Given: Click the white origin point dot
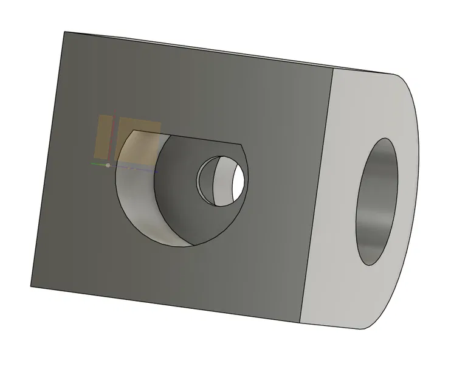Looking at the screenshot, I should pos(108,165).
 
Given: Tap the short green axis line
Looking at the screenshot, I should pos(97,164).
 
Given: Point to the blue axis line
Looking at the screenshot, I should pos(137,168).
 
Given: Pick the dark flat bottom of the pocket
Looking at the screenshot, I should pos(182,207).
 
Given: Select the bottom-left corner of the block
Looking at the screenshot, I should pos(31,286).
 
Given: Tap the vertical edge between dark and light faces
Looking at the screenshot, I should pos(316,195).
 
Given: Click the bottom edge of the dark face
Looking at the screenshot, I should pos(164,303).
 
